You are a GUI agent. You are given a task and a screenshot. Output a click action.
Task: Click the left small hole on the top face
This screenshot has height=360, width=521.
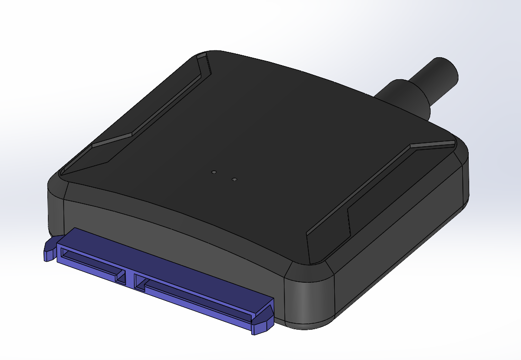point(214,173)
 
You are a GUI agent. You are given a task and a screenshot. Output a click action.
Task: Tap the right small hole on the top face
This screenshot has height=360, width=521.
point(235,180)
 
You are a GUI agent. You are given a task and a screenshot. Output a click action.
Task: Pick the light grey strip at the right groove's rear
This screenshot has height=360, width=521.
point(433,145)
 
